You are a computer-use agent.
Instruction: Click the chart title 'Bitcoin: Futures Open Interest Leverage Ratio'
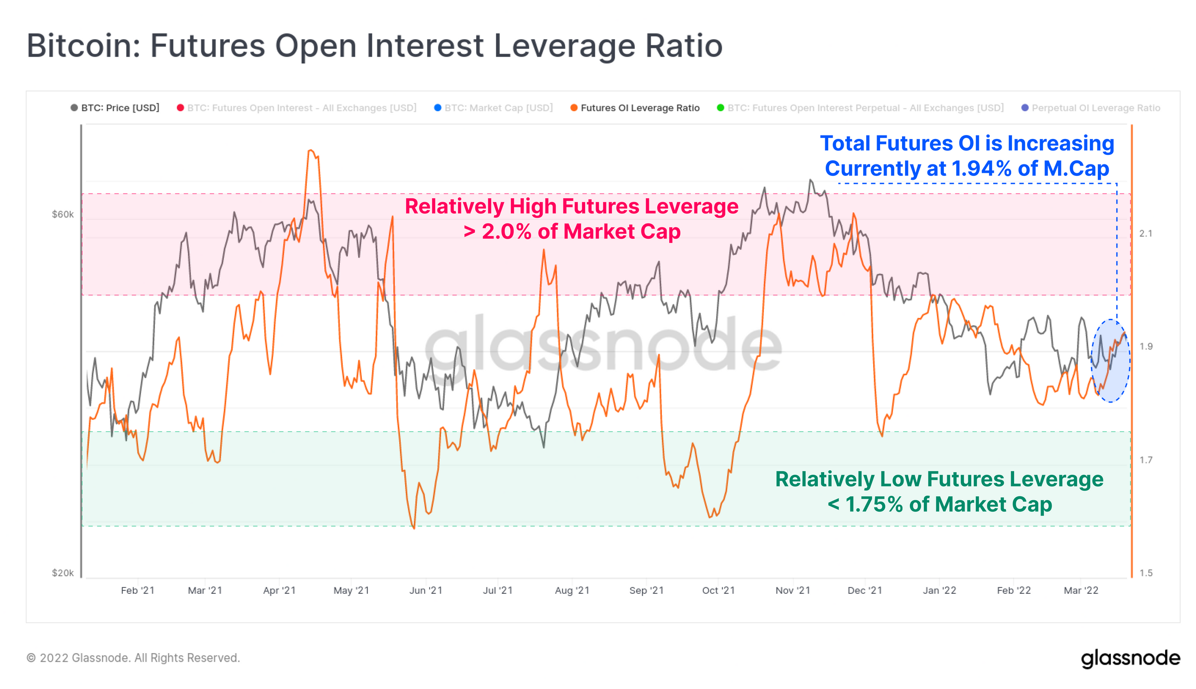[x=374, y=46]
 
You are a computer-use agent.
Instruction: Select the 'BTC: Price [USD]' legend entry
[x=120, y=108]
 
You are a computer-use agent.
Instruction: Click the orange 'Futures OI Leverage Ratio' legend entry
[x=640, y=108]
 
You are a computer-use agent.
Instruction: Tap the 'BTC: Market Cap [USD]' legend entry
[x=498, y=108]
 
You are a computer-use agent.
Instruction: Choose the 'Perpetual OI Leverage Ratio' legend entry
[x=1095, y=108]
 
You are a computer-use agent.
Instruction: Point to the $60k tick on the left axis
[x=63, y=214]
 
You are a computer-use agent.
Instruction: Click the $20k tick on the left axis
[x=63, y=573]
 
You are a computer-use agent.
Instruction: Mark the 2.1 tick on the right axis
[x=1146, y=233]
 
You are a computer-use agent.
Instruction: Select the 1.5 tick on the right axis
[x=1146, y=573]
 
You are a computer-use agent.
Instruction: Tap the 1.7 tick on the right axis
[x=1146, y=460]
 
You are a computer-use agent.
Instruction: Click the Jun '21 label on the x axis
[x=426, y=590]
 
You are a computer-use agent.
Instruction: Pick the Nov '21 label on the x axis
[x=793, y=590]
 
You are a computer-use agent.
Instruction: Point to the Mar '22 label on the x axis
[x=1081, y=590]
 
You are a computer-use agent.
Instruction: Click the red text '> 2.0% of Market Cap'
[x=572, y=232]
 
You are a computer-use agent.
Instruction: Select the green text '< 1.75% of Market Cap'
[x=939, y=504]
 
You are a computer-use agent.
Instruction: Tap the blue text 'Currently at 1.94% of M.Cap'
[x=967, y=168]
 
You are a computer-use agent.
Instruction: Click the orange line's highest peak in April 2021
[x=311, y=150]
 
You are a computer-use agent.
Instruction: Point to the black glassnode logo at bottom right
[x=1130, y=658]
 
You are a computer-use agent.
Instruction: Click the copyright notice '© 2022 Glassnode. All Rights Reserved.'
[x=133, y=658]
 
